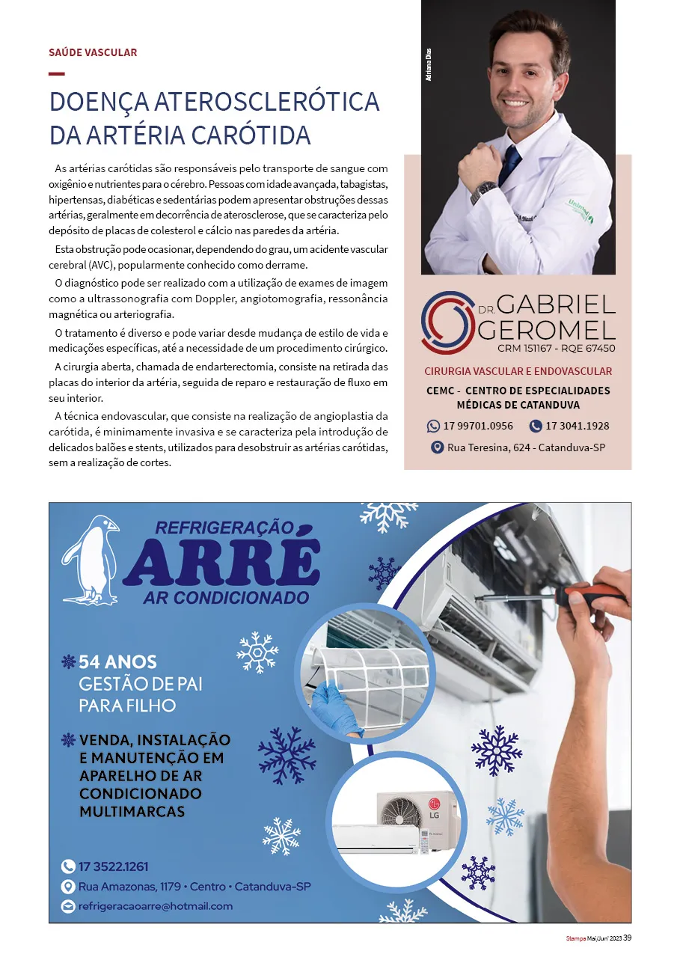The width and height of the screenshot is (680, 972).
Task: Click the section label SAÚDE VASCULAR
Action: pos(93,52)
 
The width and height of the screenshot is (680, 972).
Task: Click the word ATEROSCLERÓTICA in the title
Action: pos(267,102)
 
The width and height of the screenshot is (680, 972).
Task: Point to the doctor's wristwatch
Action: pos(483,191)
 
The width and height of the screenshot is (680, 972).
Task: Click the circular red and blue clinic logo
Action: pos(447,323)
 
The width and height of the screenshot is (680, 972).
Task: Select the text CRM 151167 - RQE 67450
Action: pos(557,348)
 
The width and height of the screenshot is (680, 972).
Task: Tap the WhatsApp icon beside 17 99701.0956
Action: pos(433,426)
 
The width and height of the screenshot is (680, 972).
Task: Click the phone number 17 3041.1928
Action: pos(578,426)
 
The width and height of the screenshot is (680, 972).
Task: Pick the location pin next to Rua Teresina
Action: pos(437,447)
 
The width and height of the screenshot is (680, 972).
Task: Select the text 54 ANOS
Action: pos(117,662)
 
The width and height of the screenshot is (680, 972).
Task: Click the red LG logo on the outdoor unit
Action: pos(435,803)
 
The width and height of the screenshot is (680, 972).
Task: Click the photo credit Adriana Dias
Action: pos(429,64)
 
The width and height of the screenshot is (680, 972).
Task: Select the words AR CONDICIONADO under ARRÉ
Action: pos(226,598)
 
